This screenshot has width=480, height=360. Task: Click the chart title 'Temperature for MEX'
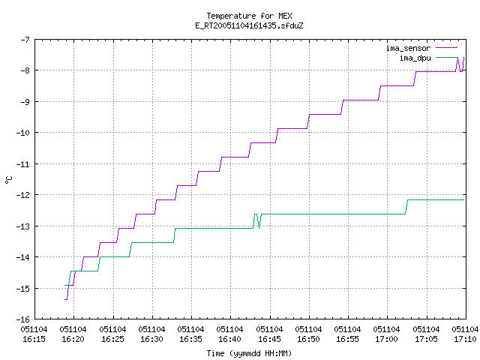pos(249,16)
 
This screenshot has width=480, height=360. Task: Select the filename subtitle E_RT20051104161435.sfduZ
pos(249,25)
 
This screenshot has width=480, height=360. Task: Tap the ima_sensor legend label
pos(408,48)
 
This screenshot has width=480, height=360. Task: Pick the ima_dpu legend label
pos(415,58)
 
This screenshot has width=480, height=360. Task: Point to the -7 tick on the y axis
pos(25,40)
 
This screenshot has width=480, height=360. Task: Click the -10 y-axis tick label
pos(23,133)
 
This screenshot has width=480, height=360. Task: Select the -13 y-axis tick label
pos(23,226)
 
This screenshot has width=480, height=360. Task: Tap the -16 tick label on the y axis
pos(23,319)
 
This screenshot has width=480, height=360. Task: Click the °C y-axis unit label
pos(9,180)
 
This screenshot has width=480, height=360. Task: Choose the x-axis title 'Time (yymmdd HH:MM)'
pos(249,353)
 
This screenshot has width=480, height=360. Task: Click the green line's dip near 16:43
pos(259,228)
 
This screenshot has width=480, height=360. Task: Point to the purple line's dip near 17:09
pos(461,71)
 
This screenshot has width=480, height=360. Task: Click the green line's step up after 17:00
pos(406,207)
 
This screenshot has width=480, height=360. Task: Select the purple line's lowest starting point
pos(65,299)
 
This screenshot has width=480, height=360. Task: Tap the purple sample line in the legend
pos(446,48)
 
